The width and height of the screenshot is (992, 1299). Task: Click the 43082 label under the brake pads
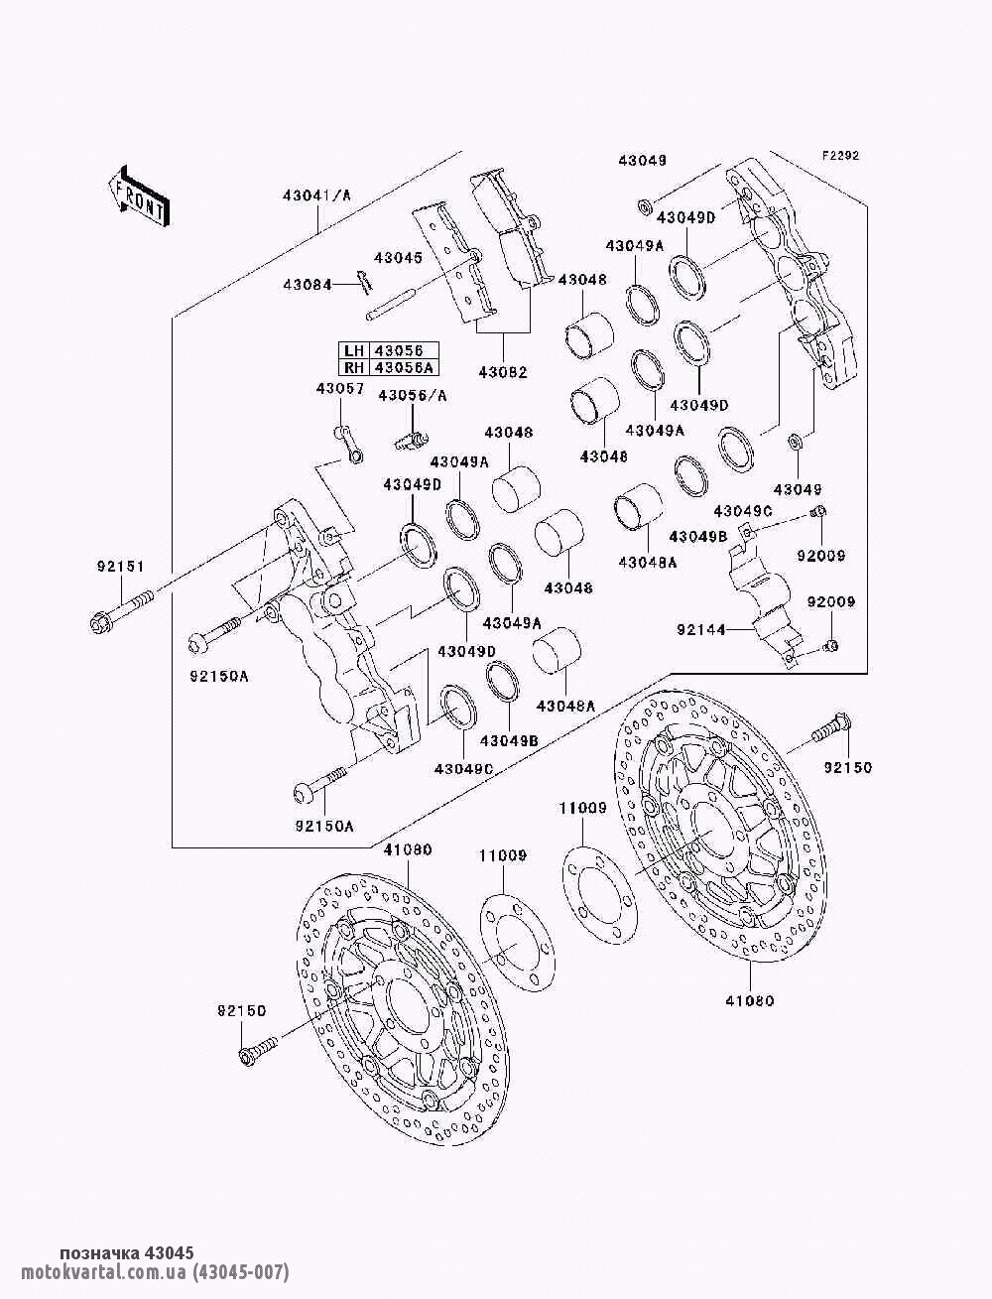pos(503,372)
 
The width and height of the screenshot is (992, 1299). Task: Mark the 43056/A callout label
pos(412,396)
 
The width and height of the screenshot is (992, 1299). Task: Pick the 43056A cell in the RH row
pos(404,367)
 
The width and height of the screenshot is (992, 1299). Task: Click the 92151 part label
pos(120,567)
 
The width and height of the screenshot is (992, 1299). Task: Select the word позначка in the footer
pos(99,1253)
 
